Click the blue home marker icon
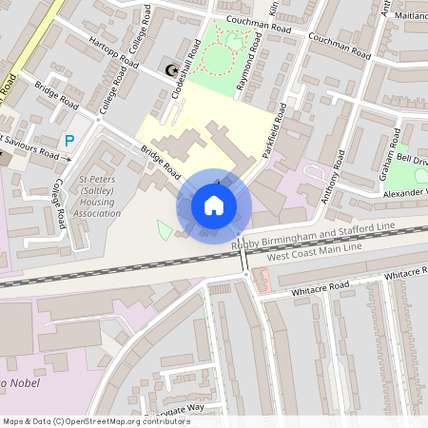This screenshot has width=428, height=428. (x=214, y=204)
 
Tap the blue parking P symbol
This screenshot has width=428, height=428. (x=68, y=141)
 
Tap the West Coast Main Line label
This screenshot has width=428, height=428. (x=314, y=248)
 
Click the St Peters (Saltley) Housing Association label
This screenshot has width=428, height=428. (x=100, y=195)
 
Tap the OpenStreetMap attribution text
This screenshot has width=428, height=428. (x=96, y=420)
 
